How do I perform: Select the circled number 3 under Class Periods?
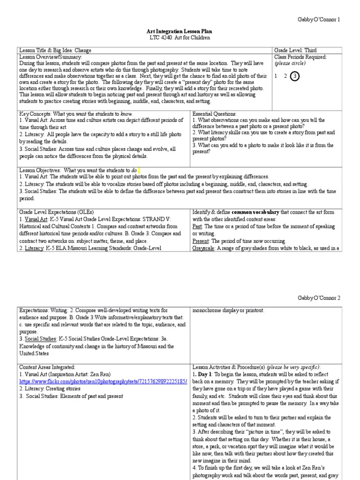click(x=295, y=76)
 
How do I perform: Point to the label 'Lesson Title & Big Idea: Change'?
click(x=55, y=50)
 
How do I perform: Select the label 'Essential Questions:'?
click(x=215, y=113)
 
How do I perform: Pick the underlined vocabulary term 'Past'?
click(x=197, y=226)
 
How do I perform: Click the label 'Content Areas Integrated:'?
click(x=47, y=367)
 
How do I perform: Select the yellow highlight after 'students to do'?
click(x=139, y=170)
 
